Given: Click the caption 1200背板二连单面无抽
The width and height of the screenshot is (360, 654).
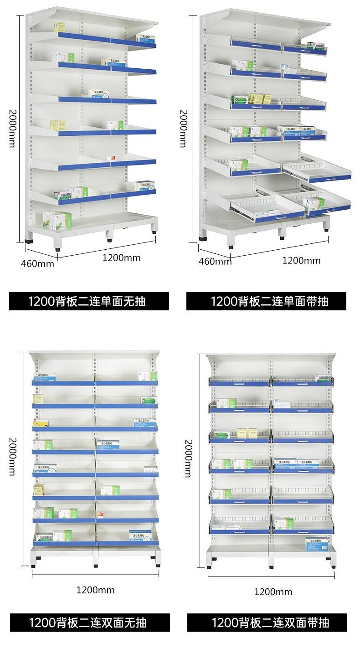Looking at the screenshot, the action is click(89, 301).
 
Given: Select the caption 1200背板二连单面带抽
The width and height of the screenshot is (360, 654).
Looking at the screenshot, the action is click(266, 301).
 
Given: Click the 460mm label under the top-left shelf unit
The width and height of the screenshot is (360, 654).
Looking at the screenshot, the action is click(37, 263).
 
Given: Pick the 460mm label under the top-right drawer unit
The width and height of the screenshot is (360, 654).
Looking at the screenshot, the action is click(215, 261).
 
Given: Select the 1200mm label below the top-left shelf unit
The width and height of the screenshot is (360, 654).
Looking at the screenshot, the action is click(121, 258).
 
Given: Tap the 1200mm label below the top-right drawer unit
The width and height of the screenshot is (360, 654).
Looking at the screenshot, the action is click(301, 261).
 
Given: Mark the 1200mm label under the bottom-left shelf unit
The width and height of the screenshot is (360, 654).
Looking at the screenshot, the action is click(95, 590).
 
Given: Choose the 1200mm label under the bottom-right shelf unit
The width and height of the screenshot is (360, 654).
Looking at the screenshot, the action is click(273, 592).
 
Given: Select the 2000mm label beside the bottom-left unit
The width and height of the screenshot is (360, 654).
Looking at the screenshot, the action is click(12, 456).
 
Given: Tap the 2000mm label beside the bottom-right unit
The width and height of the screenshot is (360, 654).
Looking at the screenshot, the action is click(187, 458).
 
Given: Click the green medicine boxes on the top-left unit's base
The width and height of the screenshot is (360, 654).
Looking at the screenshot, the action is click(57, 220).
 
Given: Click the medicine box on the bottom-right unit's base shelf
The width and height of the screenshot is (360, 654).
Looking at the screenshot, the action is click(318, 543).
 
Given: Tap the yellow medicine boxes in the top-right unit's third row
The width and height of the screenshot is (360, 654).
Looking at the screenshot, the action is click(259, 98).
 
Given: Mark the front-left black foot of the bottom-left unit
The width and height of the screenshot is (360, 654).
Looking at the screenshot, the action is click(35, 566).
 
